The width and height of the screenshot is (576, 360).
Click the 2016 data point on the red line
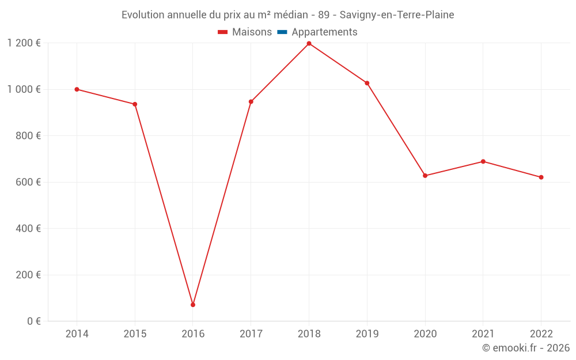(x=193, y=305)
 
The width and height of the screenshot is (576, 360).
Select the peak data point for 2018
(x=309, y=44)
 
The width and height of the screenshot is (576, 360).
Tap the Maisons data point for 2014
(x=77, y=89)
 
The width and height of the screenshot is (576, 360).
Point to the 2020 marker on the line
(x=425, y=176)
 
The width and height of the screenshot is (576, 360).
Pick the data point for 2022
(x=541, y=177)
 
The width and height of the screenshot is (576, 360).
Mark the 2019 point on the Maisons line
(x=367, y=83)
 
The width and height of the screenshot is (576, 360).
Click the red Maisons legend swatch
(x=223, y=32)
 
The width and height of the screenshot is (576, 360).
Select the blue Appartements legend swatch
(x=282, y=32)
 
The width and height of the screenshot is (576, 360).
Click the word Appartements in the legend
(x=324, y=32)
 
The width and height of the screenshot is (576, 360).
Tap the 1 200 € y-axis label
(x=24, y=43)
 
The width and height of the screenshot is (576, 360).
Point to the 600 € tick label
(x=28, y=182)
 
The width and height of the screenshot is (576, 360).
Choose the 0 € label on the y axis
(x=33, y=321)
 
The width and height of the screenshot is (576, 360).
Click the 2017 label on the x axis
(x=251, y=334)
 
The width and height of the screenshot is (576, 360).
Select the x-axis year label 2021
(x=483, y=334)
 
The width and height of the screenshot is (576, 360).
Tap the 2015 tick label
(x=135, y=334)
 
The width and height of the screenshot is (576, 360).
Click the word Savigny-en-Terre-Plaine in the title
(x=397, y=15)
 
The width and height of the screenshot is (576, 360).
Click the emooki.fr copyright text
(x=526, y=348)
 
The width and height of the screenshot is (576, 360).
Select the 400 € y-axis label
(x=28, y=228)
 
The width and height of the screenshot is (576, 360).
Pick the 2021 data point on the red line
(x=483, y=161)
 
